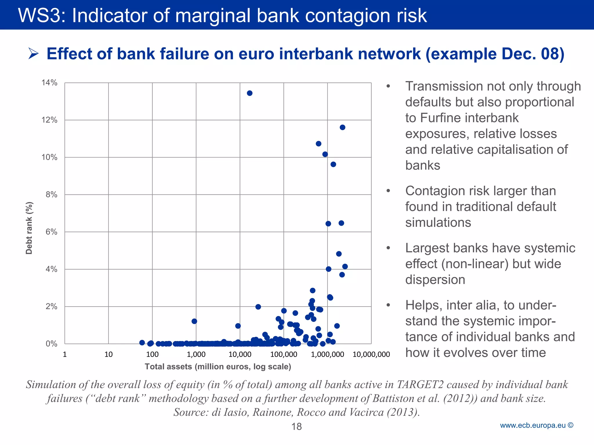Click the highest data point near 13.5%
tap(249, 93)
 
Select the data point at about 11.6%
tap(342, 127)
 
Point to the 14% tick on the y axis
tap(49, 83)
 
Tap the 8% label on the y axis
tap(51, 195)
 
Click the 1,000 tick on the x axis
tap(196, 354)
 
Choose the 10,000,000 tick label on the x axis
tap(371, 354)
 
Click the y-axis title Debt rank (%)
tap(29, 228)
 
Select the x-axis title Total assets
tap(218, 366)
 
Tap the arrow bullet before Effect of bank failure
tap(33, 54)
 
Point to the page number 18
tap(296, 426)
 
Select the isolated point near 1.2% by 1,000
tap(194, 321)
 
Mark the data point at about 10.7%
tap(318, 144)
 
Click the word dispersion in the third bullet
tap(435, 280)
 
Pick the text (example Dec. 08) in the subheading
tap(495, 54)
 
